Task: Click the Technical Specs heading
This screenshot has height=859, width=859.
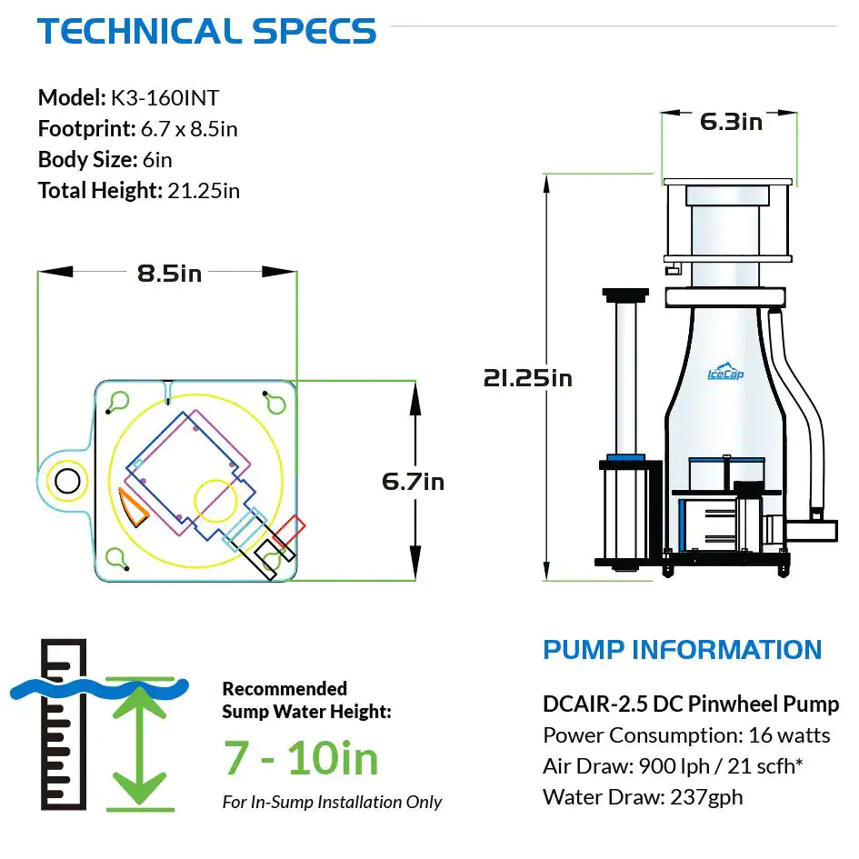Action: point(206,32)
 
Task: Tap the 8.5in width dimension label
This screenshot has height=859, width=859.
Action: point(169,273)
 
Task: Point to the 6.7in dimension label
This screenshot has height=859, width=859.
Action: point(414,481)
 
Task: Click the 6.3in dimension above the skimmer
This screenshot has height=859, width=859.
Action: point(731,122)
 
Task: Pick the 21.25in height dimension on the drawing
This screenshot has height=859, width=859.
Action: point(528,377)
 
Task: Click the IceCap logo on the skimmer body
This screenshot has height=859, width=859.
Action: point(725,373)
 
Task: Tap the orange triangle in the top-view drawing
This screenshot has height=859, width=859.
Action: point(137,512)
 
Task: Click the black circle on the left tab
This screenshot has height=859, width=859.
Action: point(67,481)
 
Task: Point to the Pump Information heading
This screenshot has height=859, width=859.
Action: point(682,650)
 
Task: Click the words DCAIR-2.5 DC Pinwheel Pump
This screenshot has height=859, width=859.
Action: point(690,704)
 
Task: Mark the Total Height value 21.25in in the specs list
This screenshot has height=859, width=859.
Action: point(204,191)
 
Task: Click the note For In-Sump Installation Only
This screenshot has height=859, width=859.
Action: point(332,802)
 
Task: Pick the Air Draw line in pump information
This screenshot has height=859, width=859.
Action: point(673,766)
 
